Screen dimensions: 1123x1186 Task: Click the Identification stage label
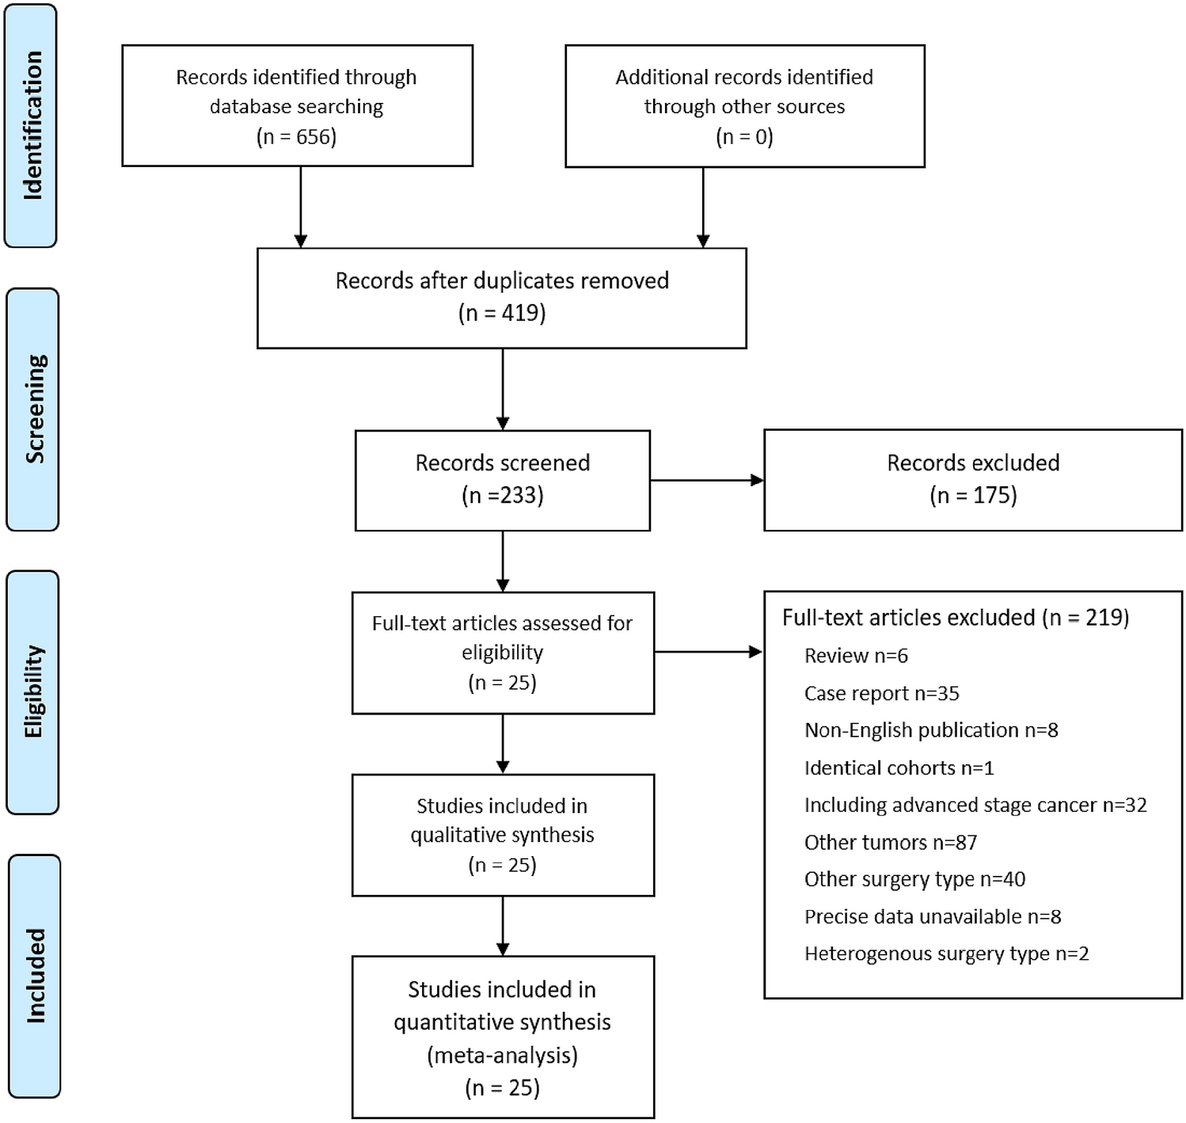31,125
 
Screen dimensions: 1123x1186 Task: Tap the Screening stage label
32,409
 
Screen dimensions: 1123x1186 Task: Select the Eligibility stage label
32,691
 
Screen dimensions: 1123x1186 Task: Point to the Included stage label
34,976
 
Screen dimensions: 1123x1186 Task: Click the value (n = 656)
297,136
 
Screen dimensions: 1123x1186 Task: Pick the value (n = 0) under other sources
744,136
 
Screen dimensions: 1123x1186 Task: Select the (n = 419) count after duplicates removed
502,313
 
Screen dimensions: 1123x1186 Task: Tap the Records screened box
503,480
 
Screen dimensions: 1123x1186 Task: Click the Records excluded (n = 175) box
972,480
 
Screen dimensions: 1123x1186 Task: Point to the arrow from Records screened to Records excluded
706,480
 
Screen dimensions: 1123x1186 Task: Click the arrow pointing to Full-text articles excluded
708,652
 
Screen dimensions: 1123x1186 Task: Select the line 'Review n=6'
856,656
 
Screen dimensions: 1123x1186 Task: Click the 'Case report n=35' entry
881,693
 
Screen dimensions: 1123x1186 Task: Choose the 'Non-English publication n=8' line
931,730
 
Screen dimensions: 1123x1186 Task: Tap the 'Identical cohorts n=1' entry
899,767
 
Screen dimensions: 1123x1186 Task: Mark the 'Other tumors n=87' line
890,842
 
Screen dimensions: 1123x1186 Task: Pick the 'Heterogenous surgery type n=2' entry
946,954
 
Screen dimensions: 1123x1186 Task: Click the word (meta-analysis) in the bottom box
502,1055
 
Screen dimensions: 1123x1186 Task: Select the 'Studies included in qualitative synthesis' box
503,835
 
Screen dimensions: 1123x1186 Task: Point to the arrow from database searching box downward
301,206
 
